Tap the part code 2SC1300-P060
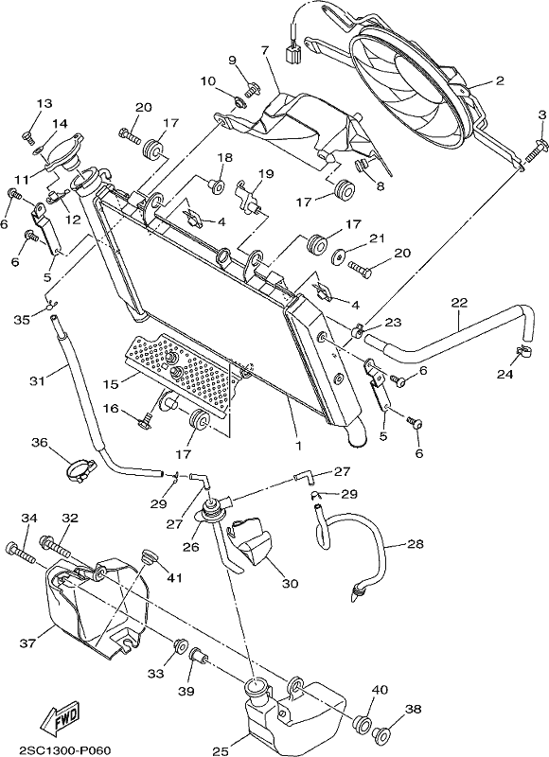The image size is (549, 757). [64, 749]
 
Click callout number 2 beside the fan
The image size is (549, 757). [499, 80]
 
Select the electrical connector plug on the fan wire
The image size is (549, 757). [293, 54]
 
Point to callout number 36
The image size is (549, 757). [42, 442]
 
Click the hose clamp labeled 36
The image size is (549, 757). [80, 470]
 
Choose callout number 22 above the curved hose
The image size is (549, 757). [459, 303]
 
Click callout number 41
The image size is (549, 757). [174, 576]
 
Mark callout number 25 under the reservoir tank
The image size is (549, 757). [220, 751]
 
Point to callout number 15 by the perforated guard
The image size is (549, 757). [111, 384]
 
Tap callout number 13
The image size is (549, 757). [44, 103]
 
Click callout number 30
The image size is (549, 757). [290, 584]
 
